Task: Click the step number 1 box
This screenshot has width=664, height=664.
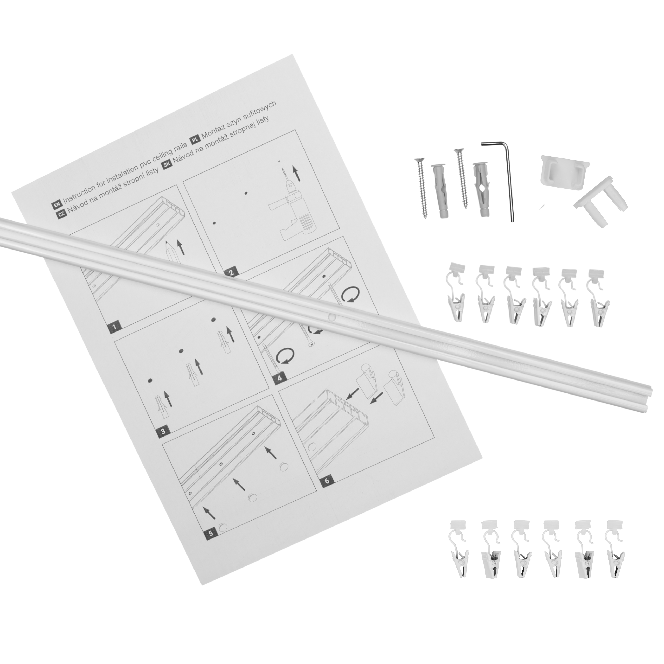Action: tap(114, 327)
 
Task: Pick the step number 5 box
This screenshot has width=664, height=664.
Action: tap(211, 542)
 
